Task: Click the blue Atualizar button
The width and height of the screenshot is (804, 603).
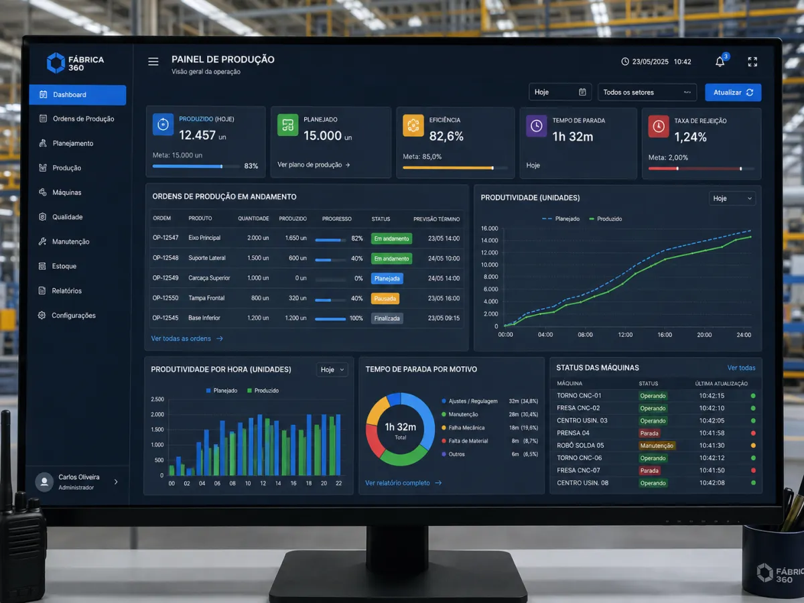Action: click(x=733, y=92)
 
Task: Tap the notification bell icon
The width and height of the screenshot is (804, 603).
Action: click(x=720, y=62)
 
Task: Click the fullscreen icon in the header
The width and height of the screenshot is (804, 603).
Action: click(x=752, y=62)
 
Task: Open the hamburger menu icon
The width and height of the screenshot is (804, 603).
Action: click(x=153, y=62)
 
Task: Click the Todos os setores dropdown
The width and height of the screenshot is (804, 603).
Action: click(x=647, y=92)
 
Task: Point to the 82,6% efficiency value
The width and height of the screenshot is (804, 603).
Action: click(x=446, y=136)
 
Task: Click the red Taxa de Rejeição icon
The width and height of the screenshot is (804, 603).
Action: click(x=658, y=127)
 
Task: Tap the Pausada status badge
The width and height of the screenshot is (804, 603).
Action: click(x=385, y=298)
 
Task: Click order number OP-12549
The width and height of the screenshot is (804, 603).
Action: click(x=165, y=278)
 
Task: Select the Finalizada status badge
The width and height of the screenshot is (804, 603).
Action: click(x=387, y=318)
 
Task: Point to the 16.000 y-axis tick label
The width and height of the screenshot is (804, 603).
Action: click(x=489, y=228)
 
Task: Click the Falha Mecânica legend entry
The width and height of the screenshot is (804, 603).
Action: click(x=464, y=427)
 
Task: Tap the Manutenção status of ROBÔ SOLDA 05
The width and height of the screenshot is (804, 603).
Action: click(x=657, y=446)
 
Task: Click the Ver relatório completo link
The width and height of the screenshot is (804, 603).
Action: click(x=403, y=483)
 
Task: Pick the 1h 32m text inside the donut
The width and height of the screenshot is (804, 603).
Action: click(x=401, y=427)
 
